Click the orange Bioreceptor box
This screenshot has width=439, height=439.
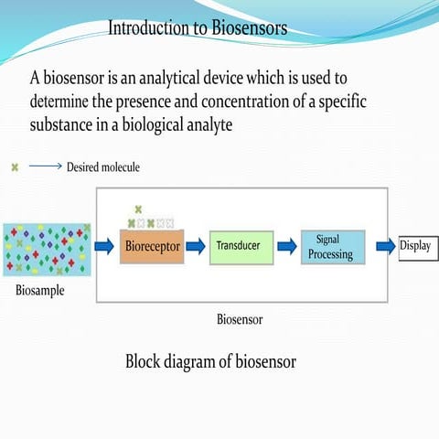[152, 246]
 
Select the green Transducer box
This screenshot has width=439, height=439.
[238, 246]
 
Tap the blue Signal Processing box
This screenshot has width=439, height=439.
[333, 247]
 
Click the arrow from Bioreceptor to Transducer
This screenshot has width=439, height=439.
[197, 246]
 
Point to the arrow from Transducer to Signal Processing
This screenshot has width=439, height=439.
[286, 246]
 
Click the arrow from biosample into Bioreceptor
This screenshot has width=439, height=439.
[105, 246]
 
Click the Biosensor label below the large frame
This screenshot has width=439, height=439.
[241, 320]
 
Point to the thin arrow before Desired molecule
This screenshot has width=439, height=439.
[45, 167]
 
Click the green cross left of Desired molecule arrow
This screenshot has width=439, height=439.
[15, 167]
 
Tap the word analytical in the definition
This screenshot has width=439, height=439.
[175, 79]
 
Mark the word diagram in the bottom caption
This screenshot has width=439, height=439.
[200, 361]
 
